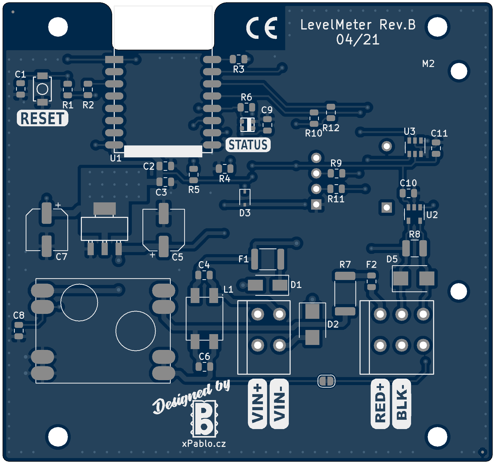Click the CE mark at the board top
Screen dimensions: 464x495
(x=262, y=28)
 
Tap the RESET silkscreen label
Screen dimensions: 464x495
(x=42, y=118)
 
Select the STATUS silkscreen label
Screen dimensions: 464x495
(x=248, y=145)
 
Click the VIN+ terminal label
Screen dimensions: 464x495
(x=257, y=403)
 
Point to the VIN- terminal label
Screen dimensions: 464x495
(x=279, y=403)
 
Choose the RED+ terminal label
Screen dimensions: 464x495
(x=380, y=403)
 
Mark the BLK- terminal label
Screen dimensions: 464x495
(x=401, y=403)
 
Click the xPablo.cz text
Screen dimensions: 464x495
(x=204, y=444)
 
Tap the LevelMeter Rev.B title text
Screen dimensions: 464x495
(x=358, y=25)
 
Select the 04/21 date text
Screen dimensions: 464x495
(x=358, y=40)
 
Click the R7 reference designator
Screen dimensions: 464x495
(x=345, y=264)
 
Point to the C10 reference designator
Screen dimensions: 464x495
(x=408, y=183)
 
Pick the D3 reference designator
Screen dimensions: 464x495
(x=245, y=213)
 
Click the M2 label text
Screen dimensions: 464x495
(x=428, y=64)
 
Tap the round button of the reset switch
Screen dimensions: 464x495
(x=42, y=89)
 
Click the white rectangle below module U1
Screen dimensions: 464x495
(x=163, y=151)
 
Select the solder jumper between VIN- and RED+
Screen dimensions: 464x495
(x=326, y=381)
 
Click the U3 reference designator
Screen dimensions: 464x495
(x=410, y=131)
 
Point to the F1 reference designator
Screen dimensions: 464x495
(x=243, y=259)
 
